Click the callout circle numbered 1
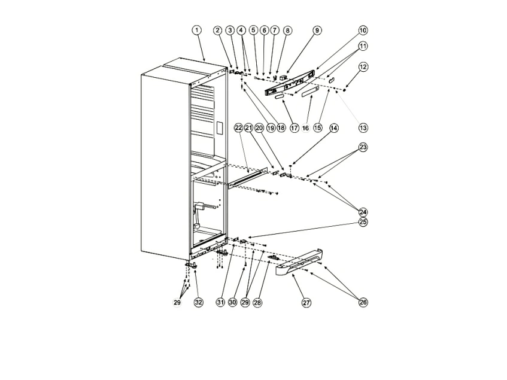196,31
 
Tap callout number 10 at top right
363,31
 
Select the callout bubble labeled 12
363,67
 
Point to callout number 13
363,128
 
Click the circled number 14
334,128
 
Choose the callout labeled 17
295,128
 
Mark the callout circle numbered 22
238,128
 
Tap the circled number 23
363,147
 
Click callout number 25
363,222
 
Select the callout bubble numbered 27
306,303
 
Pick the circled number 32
199,302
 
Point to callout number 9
317,31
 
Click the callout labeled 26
363,302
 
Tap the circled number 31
220,302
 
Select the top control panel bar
290,83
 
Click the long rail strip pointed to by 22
248,178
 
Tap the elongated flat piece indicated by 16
310,93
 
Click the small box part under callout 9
284,77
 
